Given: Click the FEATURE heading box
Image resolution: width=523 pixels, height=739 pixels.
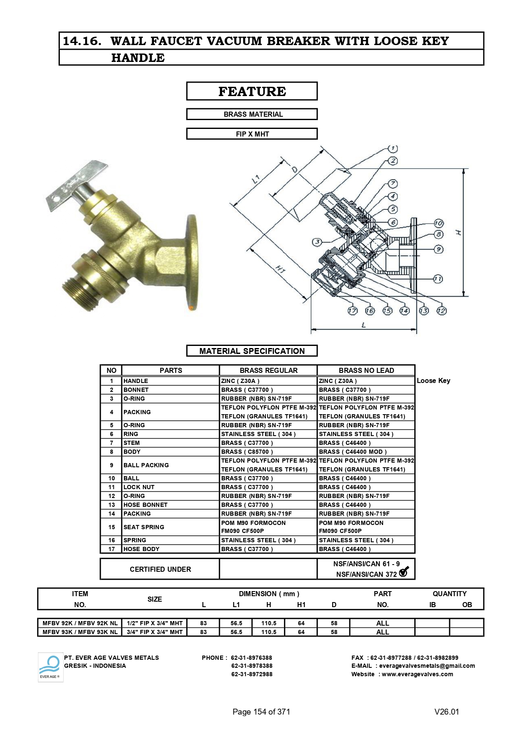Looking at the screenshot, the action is pyautogui.click(x=252, y=91).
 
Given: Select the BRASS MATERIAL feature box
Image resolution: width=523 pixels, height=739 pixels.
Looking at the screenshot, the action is pyautogui.click(x=252, y=114).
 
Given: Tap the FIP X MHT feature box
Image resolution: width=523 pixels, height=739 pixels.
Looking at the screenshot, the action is pyautogui.click(x=252, y=134).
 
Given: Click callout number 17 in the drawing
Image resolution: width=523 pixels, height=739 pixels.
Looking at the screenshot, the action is pyautogui.click(x=352, y=311).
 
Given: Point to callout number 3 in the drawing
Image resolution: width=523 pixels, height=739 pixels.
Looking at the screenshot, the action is pyautogui.click(x=317, y=242).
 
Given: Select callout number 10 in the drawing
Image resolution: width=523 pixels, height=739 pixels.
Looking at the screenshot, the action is pyautogui.click(x=438, y=223).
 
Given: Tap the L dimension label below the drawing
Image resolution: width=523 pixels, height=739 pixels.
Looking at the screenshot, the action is pyautogui.click(x=364, y=325).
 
